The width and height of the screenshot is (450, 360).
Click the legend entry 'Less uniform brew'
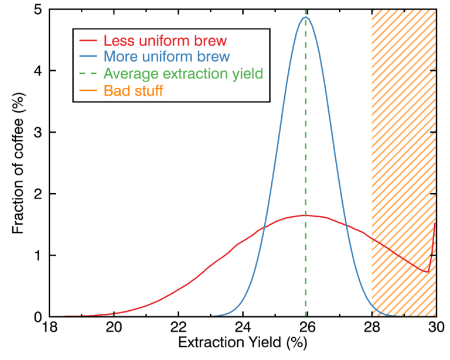pyautogui.click(x=165, y=42)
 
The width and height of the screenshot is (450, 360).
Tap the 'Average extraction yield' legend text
pyautogui.click(x=183, y=74)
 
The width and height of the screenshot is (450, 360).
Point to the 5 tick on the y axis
pyautogui.click(x=37, y=10)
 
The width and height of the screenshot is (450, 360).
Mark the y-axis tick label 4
pyautogui.click(x=37, y=71)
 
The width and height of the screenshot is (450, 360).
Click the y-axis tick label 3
pyautogui.click(x=37, y=133)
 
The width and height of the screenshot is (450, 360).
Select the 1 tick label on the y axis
pyautogui.click(x=37, y=255)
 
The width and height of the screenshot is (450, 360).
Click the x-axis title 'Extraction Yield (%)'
pyautogui.click(x=242, y=345)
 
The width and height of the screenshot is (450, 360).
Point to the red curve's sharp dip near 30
pyautogui.click(x=428, y=271)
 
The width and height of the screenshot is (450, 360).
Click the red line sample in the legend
pyautogui.click(x=88, y=42)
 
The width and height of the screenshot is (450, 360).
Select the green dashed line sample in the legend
pyautogui.click(x=88, y=74)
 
